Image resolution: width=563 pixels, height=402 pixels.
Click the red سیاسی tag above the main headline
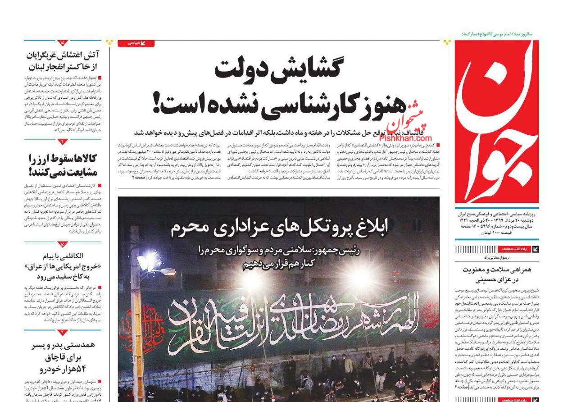coord(136,43)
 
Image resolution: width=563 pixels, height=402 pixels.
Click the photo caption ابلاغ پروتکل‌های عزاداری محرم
coord(279,228)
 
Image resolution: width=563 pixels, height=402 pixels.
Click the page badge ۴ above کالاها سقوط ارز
coord(63,142)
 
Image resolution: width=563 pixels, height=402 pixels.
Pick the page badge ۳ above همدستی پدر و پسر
coord(63,333)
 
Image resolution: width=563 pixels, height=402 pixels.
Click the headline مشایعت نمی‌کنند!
coord(63,172)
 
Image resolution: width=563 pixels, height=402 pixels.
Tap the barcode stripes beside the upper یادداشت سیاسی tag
coord(475,249)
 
